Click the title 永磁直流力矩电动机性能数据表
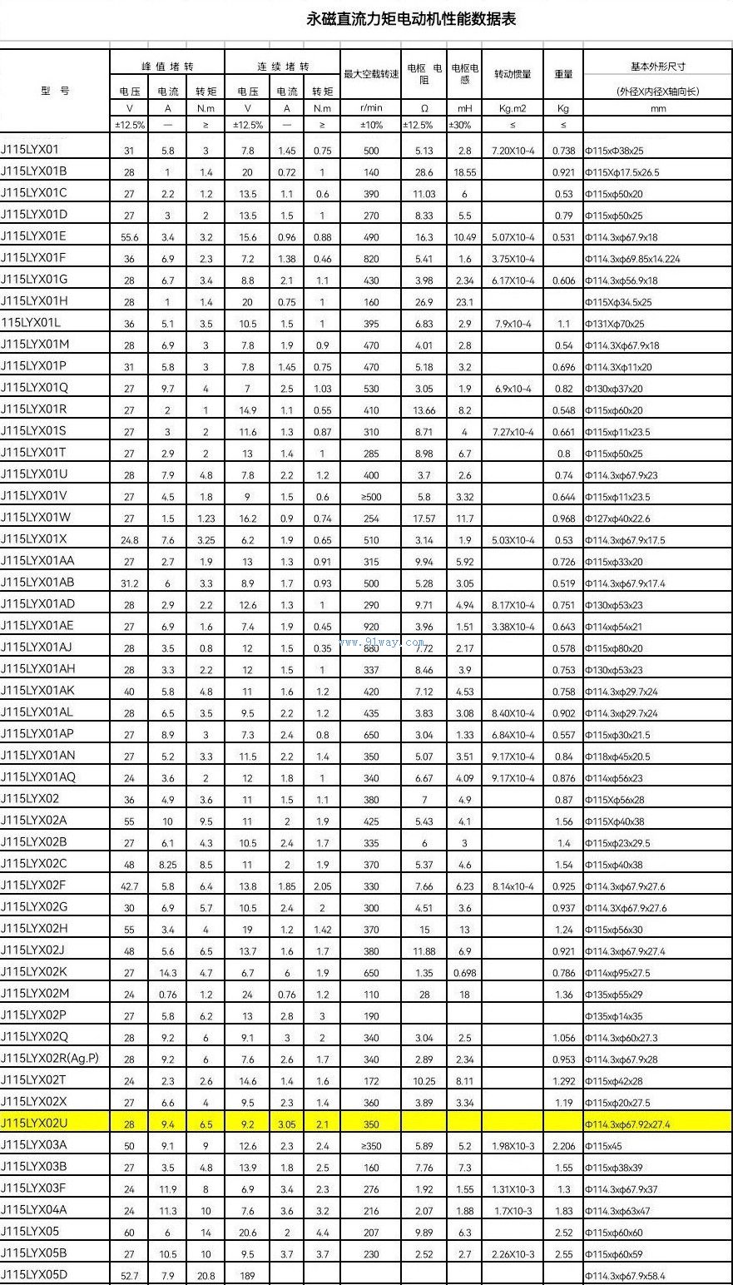411,19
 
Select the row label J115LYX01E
34,237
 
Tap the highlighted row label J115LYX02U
34,1124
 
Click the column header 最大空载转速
371,74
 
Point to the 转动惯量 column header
513,74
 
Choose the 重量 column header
563,74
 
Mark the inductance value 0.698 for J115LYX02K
464,973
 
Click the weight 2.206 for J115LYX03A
563,1146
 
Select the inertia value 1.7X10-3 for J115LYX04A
513,1211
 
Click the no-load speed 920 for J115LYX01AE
371,627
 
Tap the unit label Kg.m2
513,108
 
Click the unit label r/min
371,108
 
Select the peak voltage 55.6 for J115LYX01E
129,237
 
